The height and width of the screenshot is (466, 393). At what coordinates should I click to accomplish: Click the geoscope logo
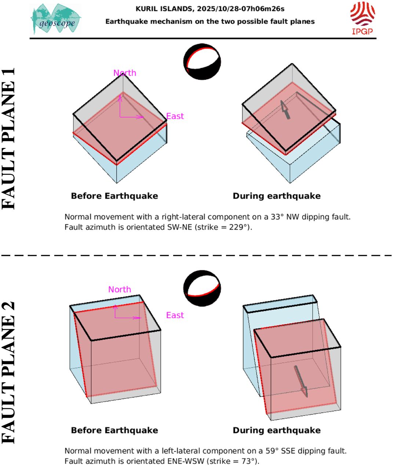[x=56, y=19]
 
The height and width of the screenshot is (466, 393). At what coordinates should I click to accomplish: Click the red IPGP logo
[x=362, y=18]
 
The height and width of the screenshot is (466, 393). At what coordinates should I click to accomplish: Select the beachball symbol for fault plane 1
[x=202, y=62]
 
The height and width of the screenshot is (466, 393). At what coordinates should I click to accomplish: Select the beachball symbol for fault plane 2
[x=202, y=289]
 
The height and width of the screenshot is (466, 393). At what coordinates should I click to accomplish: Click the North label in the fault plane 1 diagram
[x=125, y=73]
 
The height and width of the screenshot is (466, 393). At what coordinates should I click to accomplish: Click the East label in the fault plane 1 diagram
[x=175, y=116]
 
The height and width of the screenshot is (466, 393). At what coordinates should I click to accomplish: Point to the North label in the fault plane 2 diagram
[x=120, y=289]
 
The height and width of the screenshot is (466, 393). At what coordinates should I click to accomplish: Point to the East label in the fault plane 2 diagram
[x=175, y=315]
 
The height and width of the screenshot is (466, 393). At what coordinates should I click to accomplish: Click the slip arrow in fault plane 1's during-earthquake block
[x=285, y=110]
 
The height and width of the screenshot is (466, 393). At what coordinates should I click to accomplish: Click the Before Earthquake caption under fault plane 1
[x=114, y=196]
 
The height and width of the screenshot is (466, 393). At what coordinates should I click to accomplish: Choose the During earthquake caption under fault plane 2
[x=277, y=430]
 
